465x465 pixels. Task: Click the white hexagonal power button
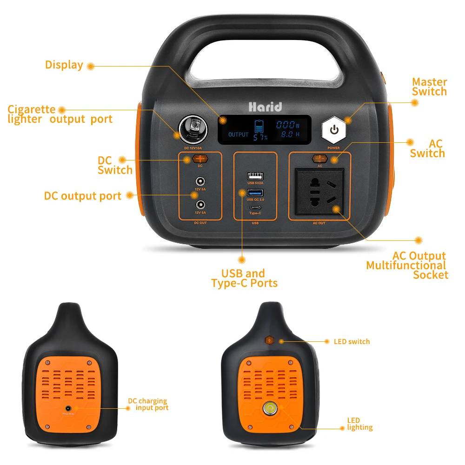(x=334, y=129)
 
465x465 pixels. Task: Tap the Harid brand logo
(x=265, y=106)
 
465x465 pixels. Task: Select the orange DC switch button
(x=200, y=159)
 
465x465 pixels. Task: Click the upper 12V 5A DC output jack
(x=201, y=181)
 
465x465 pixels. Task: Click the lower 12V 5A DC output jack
(x=201, y=204)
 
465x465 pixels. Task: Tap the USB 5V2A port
(x=255, y=176)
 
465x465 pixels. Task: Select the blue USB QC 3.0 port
(x=255, y=193)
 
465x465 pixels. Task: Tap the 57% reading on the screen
(x=260, y=138)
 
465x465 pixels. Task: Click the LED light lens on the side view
(x=269, y=409)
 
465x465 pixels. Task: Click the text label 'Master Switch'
(x=429, y=87)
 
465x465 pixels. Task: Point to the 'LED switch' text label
(x=352, y=341)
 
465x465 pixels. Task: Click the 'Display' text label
(x=64, y=65)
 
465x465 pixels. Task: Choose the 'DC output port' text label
(x=82, y=196)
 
